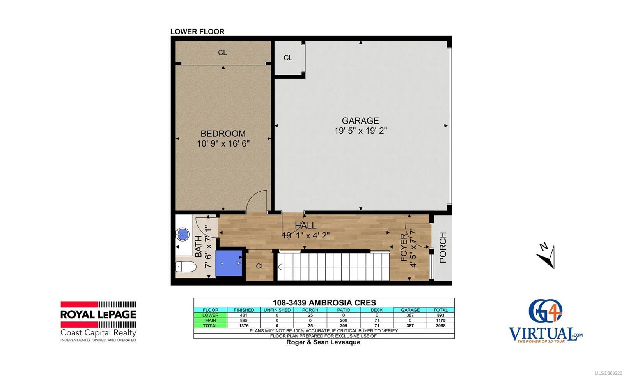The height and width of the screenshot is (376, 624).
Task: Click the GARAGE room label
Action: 360,120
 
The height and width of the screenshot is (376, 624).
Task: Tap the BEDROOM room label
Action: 223,134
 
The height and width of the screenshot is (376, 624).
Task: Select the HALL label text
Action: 306,226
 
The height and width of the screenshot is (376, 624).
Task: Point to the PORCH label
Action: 443,247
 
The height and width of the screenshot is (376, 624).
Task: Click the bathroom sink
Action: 183,234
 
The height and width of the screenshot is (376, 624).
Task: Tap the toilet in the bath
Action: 186,267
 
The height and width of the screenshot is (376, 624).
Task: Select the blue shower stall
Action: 229,263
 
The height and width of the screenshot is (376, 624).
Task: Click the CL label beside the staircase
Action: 260,266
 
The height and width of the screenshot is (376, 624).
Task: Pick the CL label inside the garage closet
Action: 288,58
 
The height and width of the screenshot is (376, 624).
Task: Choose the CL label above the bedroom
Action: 222,52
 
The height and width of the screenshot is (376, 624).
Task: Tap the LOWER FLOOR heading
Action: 197,32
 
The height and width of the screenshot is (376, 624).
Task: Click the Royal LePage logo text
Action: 98,314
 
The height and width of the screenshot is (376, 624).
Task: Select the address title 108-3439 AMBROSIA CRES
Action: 324,302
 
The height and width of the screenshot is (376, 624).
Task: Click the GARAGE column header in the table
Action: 410,310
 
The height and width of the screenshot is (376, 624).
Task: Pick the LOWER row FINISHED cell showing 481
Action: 244,315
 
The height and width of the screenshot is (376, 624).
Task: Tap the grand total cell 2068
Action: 440,326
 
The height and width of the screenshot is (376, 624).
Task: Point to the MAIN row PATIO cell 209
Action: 344,320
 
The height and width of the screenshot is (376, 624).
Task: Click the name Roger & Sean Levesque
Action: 323,342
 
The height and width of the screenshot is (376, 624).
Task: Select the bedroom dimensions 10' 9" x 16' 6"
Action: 223,144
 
